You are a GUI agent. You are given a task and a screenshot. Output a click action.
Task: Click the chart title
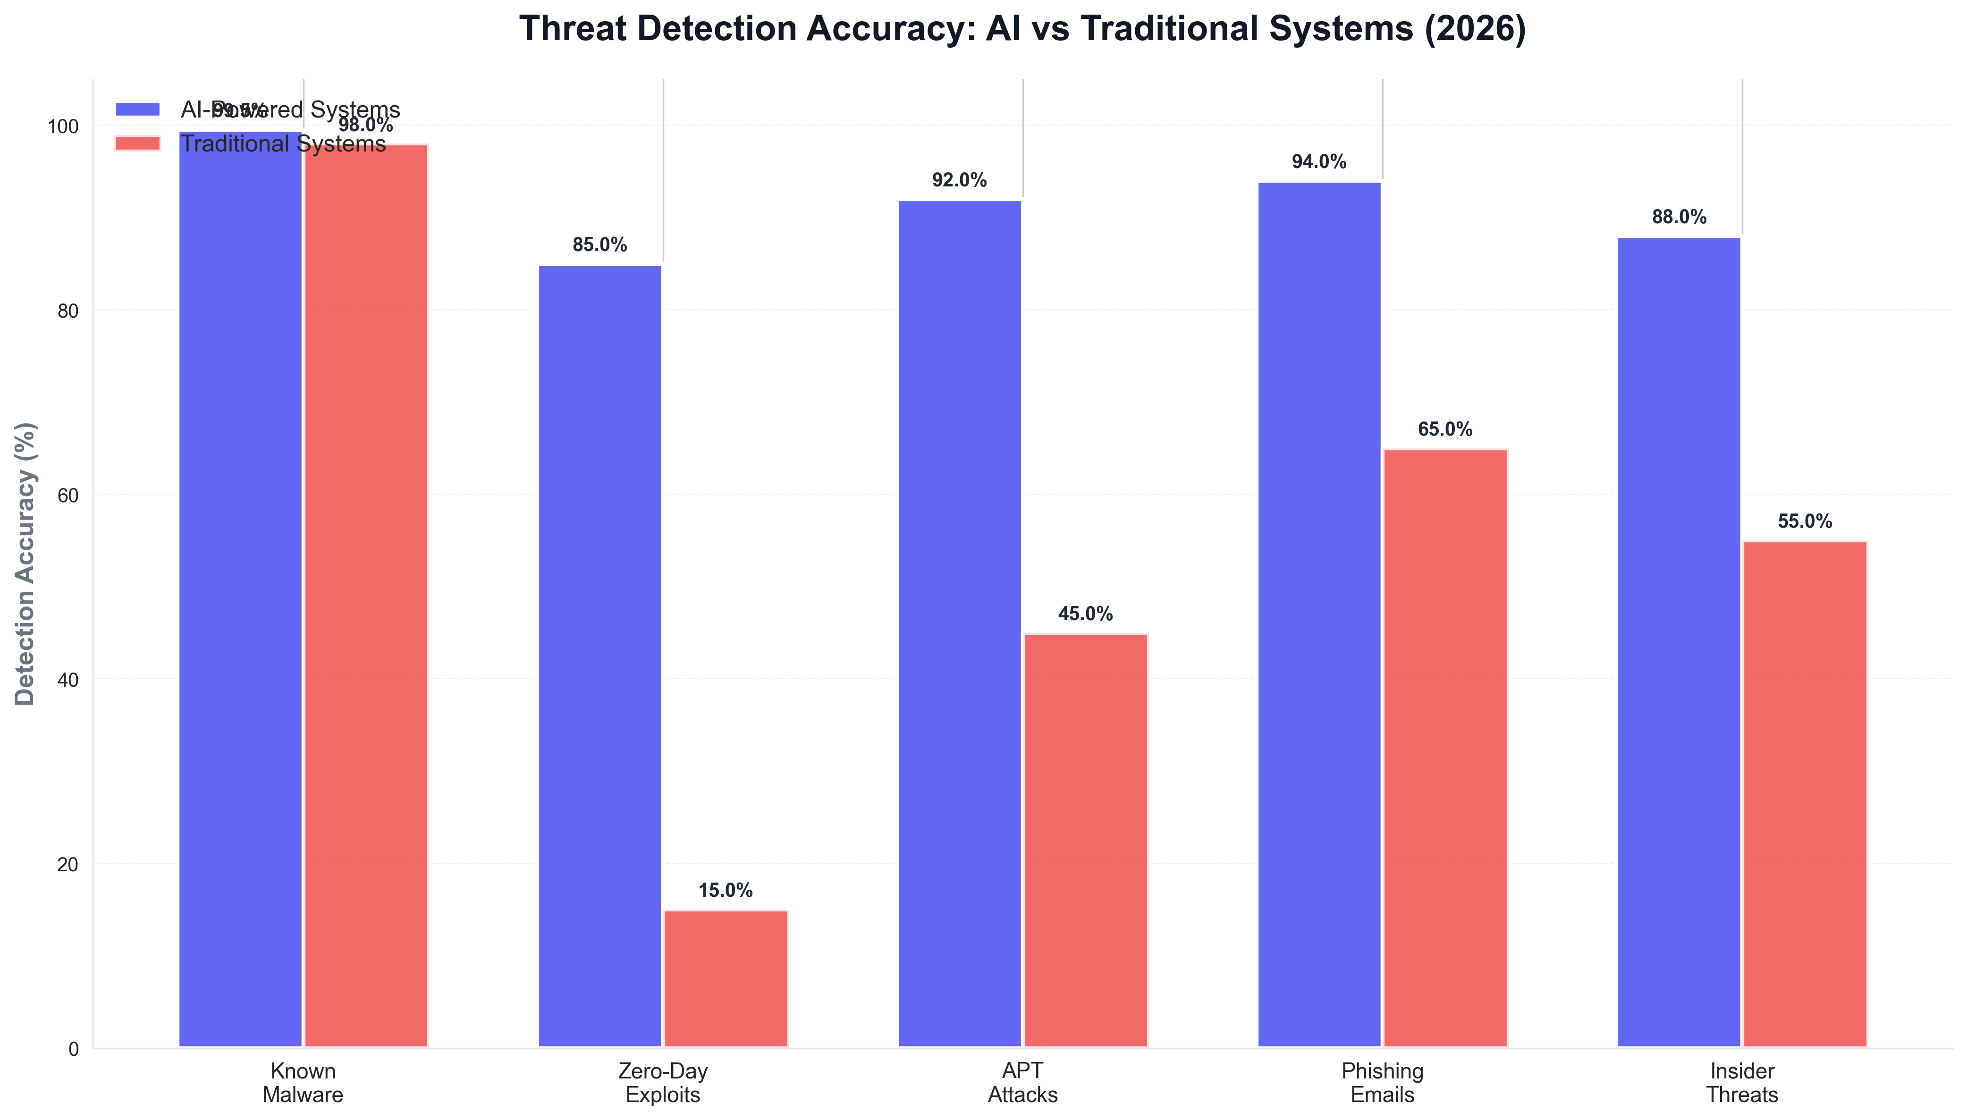[1022, 28]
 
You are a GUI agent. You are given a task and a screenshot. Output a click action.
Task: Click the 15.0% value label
[726, 891]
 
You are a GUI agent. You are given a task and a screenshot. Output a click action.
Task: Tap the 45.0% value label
[1085, 614]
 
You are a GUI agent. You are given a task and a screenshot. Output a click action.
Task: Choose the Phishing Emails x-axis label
[1382, 1083]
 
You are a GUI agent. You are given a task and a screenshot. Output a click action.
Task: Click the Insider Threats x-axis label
[1742, 1083]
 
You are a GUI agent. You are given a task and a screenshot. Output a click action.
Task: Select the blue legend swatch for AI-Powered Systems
[138, 109]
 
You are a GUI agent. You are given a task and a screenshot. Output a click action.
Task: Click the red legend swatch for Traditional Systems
[138, 144]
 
